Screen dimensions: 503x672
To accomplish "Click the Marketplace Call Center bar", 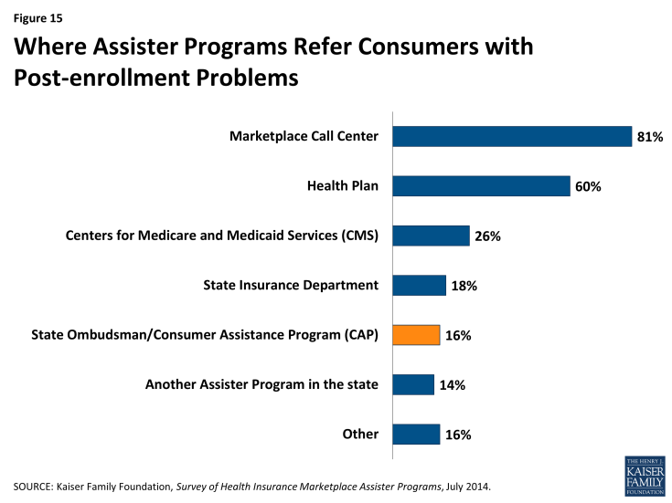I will pos(512,137).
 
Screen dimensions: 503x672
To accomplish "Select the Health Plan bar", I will pos(481,186).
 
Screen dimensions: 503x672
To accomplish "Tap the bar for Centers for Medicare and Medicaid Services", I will pos(431,236).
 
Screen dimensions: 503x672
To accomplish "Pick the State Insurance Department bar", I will pos(419,286).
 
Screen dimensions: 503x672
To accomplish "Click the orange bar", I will pos(416,335).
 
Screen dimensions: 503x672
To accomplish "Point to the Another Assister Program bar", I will pos(413,384).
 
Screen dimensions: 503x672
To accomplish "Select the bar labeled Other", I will pos(416,435).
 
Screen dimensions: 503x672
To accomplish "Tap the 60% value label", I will pos(588,186).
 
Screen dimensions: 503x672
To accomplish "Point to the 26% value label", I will pos(487,236).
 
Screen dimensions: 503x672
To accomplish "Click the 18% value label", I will pos(464,286).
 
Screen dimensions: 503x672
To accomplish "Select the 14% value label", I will pos(452,385).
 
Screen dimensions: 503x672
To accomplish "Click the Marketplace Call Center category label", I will pos(304,137).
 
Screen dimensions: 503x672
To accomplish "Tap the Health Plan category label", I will pos(343,186).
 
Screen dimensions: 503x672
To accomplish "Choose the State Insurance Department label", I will pos(290,285).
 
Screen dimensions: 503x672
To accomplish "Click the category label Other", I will pos(360,434).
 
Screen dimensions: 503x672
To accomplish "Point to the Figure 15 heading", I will pos(37,15).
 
